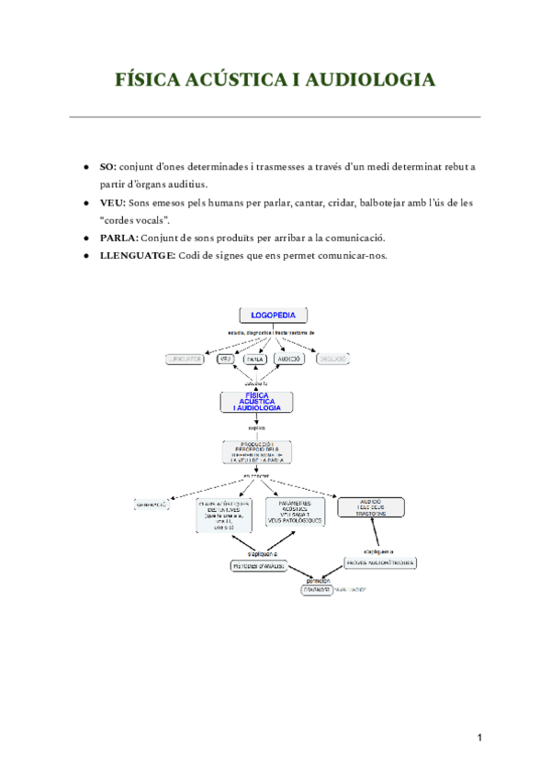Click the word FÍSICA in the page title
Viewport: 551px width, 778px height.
pos(152,81)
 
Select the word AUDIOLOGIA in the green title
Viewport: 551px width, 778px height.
pos(370,81)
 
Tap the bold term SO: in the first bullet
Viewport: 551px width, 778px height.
pos(107,167)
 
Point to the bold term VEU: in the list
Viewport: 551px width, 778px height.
pos(113,202)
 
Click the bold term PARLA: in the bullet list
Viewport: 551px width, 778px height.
pos(118,237)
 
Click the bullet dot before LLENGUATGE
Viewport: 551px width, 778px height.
pos(85,255)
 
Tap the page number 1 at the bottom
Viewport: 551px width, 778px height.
pos(478,739)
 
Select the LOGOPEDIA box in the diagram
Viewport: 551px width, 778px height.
pos(273,316)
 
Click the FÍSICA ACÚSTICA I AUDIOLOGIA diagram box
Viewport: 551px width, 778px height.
pos(257,402)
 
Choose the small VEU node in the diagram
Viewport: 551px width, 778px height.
pos(225,359)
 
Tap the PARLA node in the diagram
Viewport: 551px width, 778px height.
pos(255,359)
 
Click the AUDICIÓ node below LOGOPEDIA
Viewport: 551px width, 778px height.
pos(289,359)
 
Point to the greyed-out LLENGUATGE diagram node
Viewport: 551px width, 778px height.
pos(185,359)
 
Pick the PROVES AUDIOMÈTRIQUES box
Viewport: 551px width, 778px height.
pos(380,561)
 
